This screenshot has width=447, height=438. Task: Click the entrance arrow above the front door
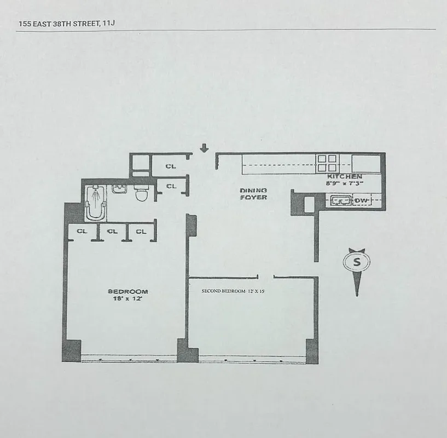click(x=204, y=148)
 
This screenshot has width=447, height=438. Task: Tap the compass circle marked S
click(x=357, y=262)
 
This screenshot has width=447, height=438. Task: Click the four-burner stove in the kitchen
click(x=327, y=163)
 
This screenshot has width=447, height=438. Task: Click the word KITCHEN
click(x=344, y=177)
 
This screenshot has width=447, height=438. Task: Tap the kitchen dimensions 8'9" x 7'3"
click(x=344, y=184)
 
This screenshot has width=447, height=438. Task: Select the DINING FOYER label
click(x=253, y=194)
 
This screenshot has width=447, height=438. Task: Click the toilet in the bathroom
click(x=142, y=192)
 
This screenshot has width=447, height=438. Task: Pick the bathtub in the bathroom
click(x=95, y=203)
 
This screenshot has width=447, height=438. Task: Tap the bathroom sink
click(x=119, y=189)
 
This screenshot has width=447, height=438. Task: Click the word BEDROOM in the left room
click(x=127, y=291)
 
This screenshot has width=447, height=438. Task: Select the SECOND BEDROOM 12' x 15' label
click(x=233, y=291)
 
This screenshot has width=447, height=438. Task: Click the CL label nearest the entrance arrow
click(x=171, y=166)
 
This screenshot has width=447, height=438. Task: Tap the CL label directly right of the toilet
click(x=171, y=186)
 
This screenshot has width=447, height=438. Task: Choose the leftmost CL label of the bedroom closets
click(x=82, y=232)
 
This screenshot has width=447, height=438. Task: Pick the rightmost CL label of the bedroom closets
click(x=141, y=232)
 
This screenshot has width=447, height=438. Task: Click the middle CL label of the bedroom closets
click(x=112, y=232)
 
